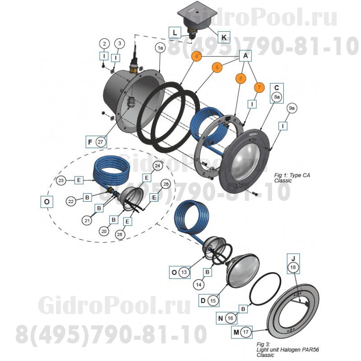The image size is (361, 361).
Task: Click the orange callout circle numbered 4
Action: click(x=196, y=56)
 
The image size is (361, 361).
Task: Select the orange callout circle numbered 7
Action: click(x=259, y=88)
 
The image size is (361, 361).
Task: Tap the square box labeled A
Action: click(x=245, y=56)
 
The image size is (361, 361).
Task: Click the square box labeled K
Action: click(x=223, y=37)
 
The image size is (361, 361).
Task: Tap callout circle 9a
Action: click(x=292, y=108)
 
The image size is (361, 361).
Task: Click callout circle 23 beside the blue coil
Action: click(x=62, y=180)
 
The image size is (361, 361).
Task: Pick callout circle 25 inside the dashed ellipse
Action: click(x=165, y=184)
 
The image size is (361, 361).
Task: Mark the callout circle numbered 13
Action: click(x=184, y=273)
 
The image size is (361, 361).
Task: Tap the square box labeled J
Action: click(x=293, y=258)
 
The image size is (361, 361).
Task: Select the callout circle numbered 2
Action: click(x=105, y=44)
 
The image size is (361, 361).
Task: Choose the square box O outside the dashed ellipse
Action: click(x=47, y=202)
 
